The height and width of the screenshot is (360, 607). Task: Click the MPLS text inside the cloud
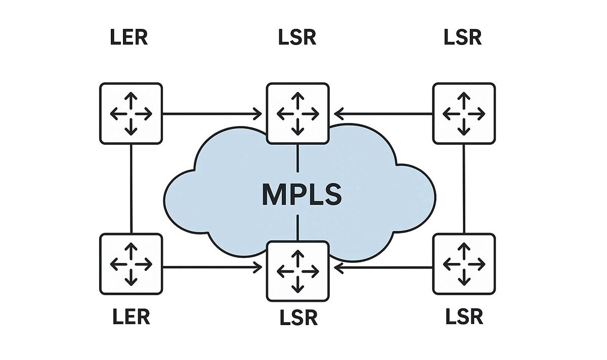pos(301,195)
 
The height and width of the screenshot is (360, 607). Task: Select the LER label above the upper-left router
pos(129,38)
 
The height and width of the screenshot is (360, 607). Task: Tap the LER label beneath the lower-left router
pos(131,317)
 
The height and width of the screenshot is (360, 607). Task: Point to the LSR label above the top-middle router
pos(297,38)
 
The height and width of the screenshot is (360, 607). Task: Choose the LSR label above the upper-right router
pos(463,38)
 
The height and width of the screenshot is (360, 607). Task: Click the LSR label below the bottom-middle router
pos(298,318)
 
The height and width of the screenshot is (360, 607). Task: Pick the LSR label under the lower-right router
pos(464,317)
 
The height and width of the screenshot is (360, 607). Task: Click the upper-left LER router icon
pos(131,114)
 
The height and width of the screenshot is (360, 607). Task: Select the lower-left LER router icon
pos(131,263)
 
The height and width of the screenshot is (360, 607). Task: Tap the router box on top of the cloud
pos(297,114)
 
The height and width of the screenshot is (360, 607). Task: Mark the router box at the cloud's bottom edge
pos(297,271)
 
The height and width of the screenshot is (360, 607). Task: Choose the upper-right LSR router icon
pos(464,114)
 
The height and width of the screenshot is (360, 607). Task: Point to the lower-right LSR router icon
pos(464,263)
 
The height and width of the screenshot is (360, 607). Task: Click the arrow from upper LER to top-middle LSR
pos(212,114)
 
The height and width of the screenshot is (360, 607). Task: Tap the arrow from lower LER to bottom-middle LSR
pos(212,267)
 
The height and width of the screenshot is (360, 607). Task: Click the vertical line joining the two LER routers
pos(131,189)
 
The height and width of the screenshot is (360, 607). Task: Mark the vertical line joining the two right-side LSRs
pos(464,189)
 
